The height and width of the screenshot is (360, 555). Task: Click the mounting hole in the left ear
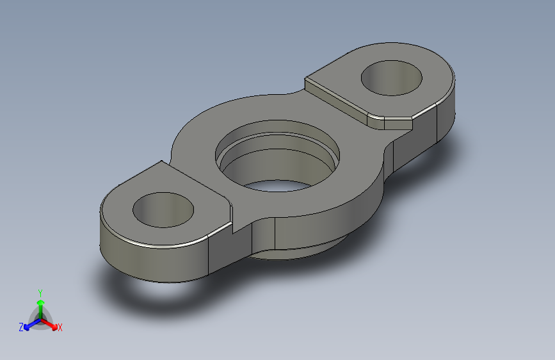coord(163,209)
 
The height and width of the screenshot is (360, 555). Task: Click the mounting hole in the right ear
coord(392,78)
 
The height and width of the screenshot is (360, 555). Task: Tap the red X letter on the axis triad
coord(60,328)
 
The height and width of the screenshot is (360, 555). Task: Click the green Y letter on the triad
coord(40,291)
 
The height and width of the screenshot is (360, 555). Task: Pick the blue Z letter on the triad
coord(21,327)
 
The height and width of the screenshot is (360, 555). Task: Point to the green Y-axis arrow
coord(40,302)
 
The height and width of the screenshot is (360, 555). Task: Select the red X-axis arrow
coord(51,323)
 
